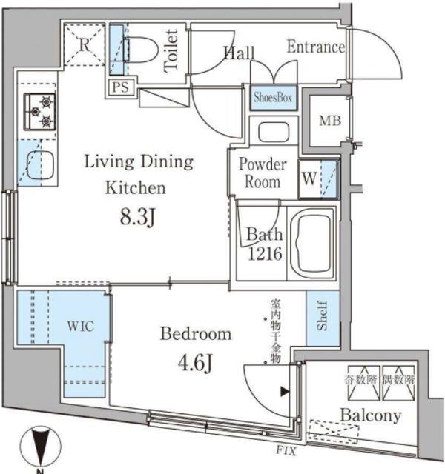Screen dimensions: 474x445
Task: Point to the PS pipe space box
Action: click(x=119, y=87)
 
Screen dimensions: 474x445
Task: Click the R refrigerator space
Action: click(x=85, y=44)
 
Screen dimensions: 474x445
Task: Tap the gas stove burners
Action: click(x=40, y=111)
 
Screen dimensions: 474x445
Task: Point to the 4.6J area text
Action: click(x=195, y=365)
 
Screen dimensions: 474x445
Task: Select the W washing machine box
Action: click(x=308, y=178)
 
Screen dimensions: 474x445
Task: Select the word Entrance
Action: click(x=316, y=48)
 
